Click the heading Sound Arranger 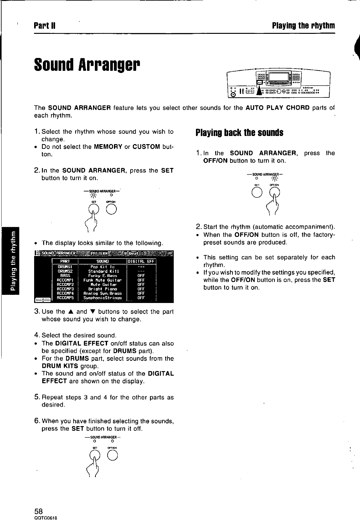point(87,64)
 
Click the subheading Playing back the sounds point(239,133)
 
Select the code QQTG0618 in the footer point(45,518)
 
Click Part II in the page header point(45,25)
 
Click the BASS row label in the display point(65,276)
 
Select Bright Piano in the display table point(103,289)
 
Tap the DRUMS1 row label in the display point(65,267)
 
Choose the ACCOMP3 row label point(65,289)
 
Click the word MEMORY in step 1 point(108,147)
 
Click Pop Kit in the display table point(103,267)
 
